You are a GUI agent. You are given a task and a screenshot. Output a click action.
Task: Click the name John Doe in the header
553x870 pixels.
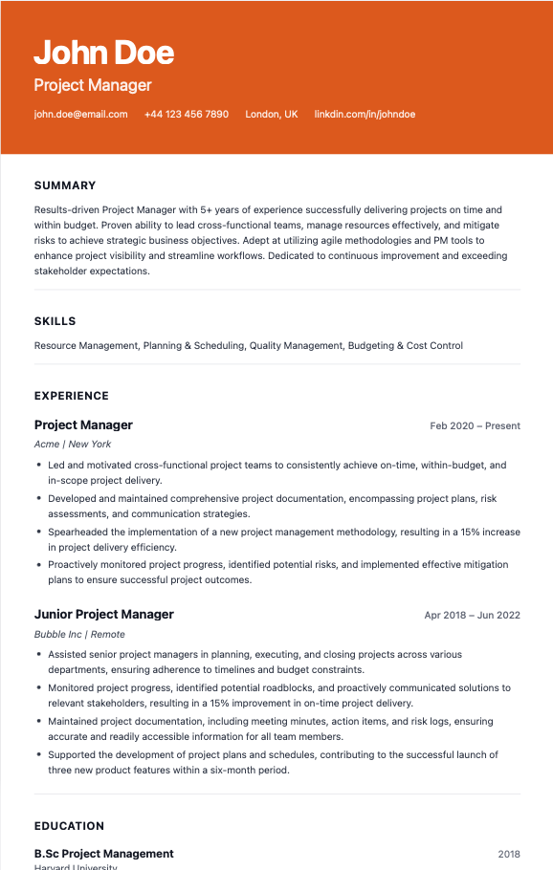(103, 52)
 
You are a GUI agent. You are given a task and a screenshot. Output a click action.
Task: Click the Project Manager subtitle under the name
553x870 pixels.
(93, 85)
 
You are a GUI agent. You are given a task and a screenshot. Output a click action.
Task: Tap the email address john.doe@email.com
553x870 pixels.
(80, 114)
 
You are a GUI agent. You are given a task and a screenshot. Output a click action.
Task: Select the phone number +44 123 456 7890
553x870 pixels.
(187, 114)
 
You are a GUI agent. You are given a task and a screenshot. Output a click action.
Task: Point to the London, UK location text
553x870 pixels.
(272, 114)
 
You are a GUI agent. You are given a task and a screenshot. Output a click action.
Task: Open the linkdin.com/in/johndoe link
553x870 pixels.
(365, 114)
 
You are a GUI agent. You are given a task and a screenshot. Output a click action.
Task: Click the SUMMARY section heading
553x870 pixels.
(65, 185)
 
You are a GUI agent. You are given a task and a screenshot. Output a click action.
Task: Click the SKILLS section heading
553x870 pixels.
(55, 321)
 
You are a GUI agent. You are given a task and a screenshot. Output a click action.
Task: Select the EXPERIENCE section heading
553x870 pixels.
(72, 396)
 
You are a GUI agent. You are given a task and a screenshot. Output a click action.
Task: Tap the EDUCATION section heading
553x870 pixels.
(69, 826)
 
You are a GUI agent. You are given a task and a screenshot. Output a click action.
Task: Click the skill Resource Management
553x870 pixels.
(86, 346)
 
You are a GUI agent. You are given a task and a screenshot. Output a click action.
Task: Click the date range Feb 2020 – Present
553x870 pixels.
(475, 425)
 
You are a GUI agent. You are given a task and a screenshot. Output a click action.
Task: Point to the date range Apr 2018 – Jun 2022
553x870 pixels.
(472, 615)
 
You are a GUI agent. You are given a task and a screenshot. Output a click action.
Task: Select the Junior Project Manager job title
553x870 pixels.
(104, 615)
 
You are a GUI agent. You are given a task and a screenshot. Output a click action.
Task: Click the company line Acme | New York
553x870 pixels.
(73, 445)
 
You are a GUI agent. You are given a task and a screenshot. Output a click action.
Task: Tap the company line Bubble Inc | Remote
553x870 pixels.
(79, 634)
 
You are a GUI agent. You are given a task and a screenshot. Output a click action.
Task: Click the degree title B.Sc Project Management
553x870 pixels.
(104, 854)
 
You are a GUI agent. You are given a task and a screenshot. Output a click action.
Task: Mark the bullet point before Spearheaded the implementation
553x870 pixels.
(38, 532)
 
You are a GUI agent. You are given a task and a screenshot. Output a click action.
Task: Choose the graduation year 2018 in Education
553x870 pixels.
(509, 854)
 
